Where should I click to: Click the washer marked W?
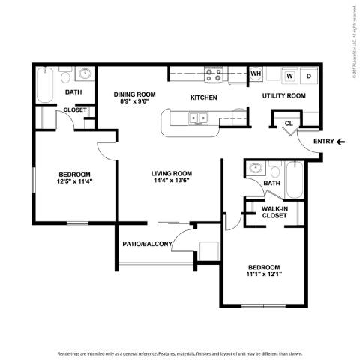(289, 75)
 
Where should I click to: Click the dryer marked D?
(308, 75)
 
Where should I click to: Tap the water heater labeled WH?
(256, 73)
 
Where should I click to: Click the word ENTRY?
(323, 141)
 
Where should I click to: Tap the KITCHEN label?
(203, 97)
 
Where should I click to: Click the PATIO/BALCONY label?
(147, 244)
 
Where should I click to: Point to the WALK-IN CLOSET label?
(276, 212)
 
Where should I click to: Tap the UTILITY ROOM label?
(283, 96)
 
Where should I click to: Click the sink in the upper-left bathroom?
(86, 73)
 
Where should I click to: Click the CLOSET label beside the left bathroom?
(73, 109)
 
